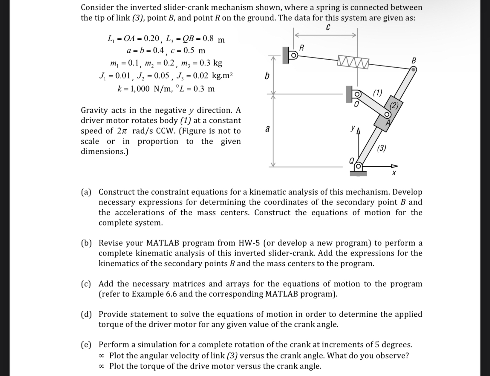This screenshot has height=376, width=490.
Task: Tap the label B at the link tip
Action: [x=414, y=61]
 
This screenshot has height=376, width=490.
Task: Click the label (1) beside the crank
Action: [x=377, y=93]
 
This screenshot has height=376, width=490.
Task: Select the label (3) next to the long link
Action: [x=381, y=148]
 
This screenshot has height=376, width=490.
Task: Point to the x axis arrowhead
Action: [x=395, y=166]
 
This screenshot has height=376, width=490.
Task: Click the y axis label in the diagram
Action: [x=353, y=128]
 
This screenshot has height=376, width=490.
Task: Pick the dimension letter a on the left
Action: [x=267, y=129]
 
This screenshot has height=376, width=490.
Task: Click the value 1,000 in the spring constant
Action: [x=138, y=89]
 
